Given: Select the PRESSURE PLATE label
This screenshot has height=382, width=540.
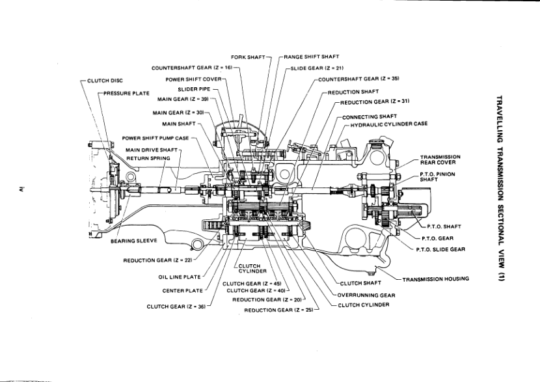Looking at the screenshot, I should pos(127,93).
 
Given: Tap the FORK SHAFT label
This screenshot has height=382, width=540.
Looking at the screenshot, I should pos(247,57).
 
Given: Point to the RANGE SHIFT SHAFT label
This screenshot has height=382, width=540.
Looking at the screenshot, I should pos(311,57).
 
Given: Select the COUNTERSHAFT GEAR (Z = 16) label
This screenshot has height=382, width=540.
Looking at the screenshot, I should pos(192,68).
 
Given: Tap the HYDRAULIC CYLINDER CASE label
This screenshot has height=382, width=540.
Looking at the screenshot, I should pos(389,124).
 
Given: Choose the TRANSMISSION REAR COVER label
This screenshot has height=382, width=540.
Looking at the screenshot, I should pos(440,160).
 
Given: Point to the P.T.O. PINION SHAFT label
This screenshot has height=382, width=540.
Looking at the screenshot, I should pos(437,177).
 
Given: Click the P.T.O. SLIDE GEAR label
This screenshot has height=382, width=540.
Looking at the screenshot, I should pos(440,249).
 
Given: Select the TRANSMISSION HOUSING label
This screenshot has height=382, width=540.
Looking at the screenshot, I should pos(436,279).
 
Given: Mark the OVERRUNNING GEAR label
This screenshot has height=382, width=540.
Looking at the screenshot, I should pos(366,295).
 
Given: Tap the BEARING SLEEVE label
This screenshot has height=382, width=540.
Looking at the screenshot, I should pos(133,240).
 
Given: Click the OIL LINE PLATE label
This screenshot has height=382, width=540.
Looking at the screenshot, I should pos(179,277).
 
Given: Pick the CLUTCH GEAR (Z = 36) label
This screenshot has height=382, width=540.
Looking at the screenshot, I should pos(176,306).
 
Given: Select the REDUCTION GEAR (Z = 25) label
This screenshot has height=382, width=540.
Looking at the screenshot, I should pos(278,310).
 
